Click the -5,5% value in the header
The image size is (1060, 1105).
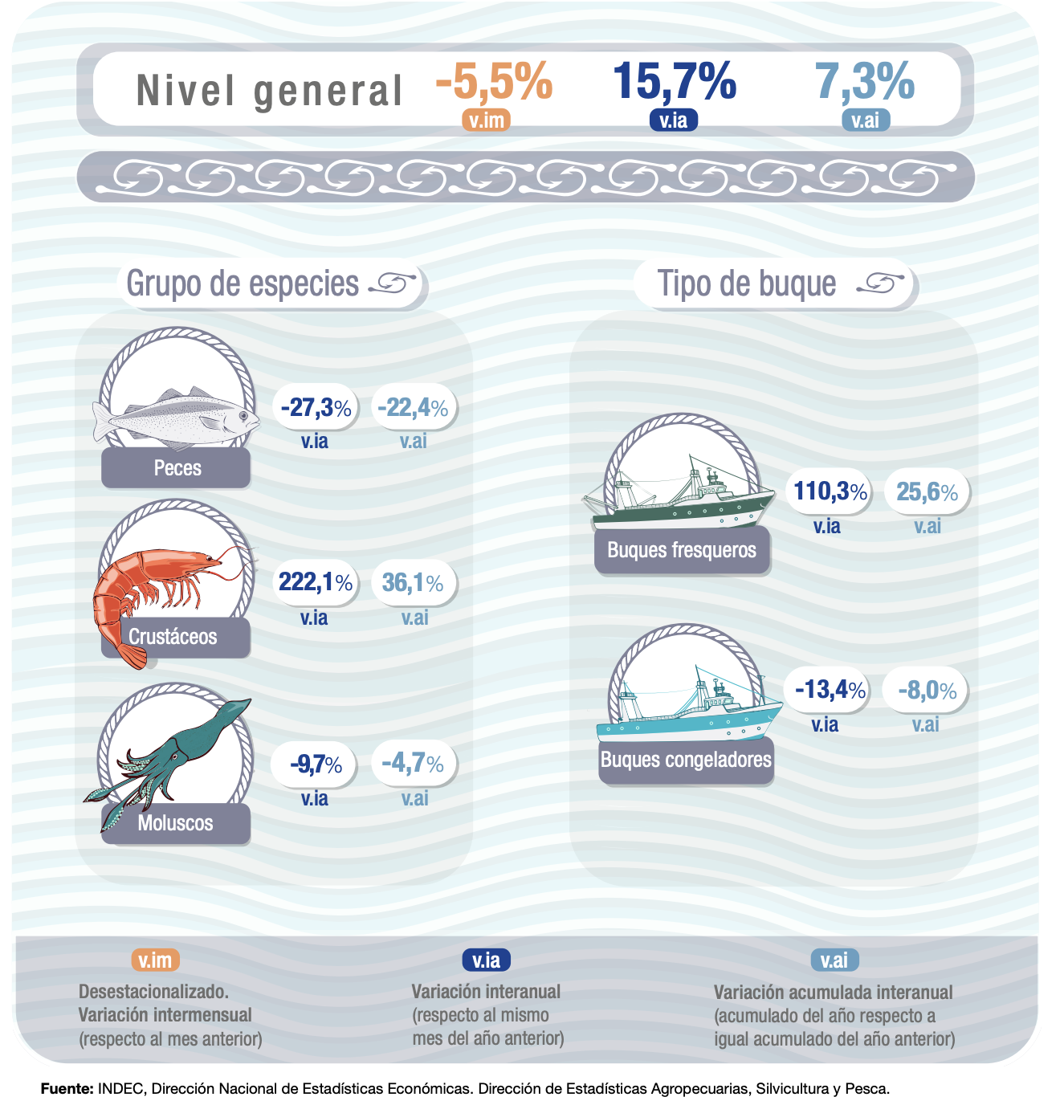tap(494, 81)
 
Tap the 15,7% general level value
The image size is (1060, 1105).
tap(674, 81)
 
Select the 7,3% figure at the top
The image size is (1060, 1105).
tap(865, 81)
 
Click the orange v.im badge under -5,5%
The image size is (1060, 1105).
tap(486, 120)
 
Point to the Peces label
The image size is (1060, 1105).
tap(177, 468)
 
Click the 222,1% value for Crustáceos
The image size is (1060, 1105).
tap(316, 581)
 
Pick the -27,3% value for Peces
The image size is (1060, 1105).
tap(316, 407)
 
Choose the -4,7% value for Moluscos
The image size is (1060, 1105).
tap(413, 763)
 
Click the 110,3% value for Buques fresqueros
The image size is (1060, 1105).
tap(830, 491)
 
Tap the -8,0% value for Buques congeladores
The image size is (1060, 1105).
tap(927, 690)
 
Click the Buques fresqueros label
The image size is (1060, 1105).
tap(682, 550)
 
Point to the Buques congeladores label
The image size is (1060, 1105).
tap(686, 760)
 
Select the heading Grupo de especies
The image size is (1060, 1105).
tap(243, 283)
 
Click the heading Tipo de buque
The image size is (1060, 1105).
tap(747, 283)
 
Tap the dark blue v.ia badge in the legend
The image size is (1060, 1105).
tap(486, 960)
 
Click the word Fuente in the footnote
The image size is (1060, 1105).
tap(67, 1089)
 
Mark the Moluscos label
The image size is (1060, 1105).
tap(175, 823)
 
